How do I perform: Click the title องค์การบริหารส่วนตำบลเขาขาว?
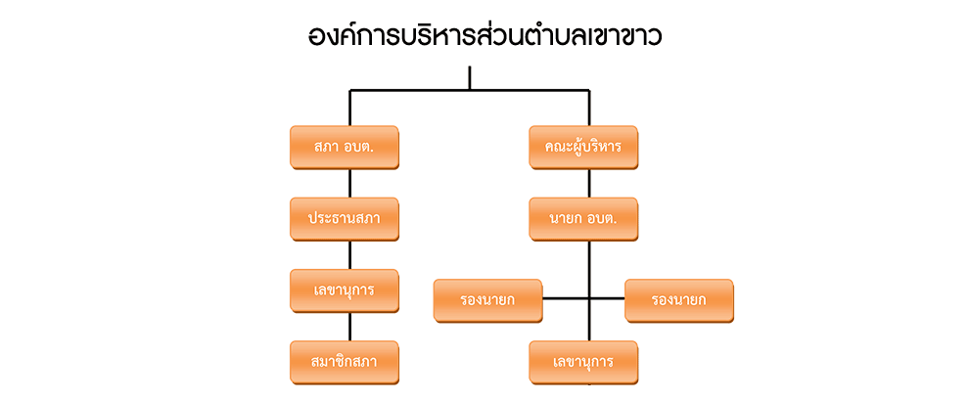pos(484,37)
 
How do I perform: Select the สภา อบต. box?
pos(344,147)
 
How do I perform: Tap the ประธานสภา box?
pos(344,218)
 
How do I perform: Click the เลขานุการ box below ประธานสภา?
pos(344,290)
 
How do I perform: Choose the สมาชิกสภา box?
pos(344,362)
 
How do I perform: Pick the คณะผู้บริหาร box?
pos(583,147)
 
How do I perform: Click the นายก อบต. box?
pos(583,218)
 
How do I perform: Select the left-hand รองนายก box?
pos(487,300)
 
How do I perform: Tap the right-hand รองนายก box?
pos(678,300)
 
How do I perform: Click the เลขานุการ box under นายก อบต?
pos(583,362)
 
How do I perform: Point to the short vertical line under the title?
pos(470,77)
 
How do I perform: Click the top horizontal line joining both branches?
pos(411,91)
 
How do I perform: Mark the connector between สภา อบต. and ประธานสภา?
pos(350,183)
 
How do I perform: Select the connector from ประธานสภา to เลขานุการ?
pos(350,254)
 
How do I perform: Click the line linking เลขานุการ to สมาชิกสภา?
pos(350,327)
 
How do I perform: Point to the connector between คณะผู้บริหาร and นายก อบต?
pos(589,183)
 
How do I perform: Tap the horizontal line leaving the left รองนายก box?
pos(565,296)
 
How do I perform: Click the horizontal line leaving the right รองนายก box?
pos(607,296)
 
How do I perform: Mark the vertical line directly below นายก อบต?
pos(589,264)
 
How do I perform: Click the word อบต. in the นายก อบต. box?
pos(602,218)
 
